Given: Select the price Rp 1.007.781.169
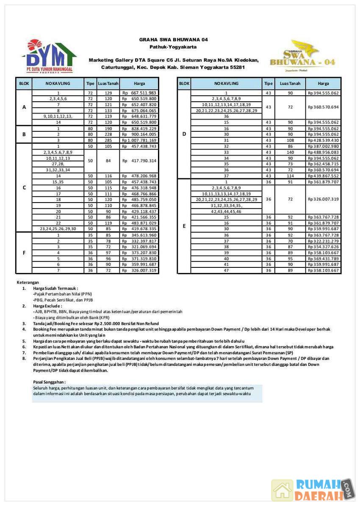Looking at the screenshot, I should coord(139,140).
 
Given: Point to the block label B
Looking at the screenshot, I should coord(24,134).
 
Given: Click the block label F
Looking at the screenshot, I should coord(24,253).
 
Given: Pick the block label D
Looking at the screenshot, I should coord(184,134).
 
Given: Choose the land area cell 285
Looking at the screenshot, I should coord(108,140).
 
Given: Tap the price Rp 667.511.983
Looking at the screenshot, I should coord(139,93).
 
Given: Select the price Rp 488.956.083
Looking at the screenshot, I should coord(323,152).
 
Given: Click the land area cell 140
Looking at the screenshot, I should coord(290,152).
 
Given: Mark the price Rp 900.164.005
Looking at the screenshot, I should coord(139,134).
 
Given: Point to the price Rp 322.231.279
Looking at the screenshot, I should coord(323,241).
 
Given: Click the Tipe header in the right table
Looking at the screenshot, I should coord(268,83).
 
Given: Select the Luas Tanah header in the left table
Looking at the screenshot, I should coord(108,83).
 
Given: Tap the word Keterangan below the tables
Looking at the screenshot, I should coord(28,282).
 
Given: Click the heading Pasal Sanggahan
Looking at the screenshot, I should coord(49,382).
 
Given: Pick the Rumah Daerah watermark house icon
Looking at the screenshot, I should coord(282,490).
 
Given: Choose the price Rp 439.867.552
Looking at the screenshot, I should coord(323,176).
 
